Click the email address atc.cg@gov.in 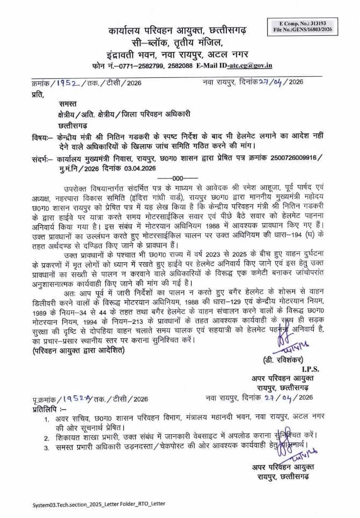250,65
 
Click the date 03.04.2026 138,168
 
